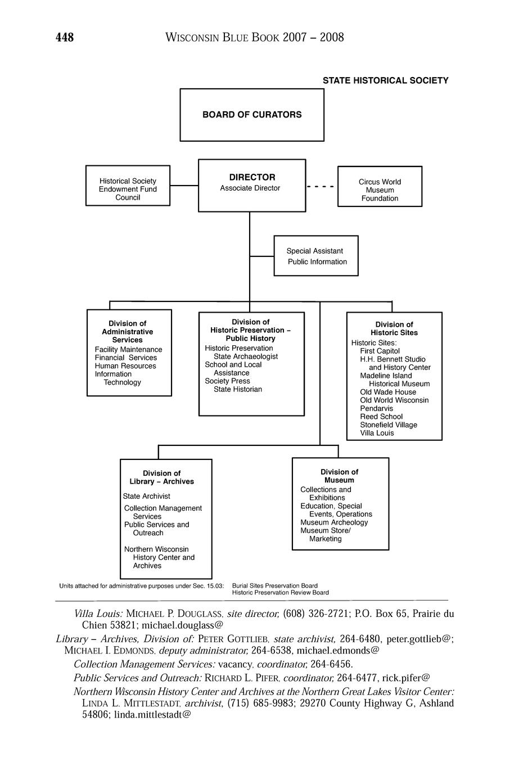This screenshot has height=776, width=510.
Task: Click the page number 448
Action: [65, 38]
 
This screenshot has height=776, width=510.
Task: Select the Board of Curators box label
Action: [252, 115]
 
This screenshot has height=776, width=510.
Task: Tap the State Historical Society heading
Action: [385, 80]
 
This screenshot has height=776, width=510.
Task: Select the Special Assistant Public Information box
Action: [316, 256]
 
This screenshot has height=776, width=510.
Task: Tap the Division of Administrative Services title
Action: [128, 332]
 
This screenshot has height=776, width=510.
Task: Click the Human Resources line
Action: [125, 366]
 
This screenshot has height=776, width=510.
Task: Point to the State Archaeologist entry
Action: [246, 357]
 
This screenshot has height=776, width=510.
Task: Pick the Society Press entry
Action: [227, 381]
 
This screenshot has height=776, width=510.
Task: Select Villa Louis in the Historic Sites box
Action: [377, 433]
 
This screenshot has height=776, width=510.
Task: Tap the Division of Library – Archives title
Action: [162, 477]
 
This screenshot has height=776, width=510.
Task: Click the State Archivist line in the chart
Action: [146, 497]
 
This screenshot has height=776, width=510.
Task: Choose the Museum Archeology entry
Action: [334, 522]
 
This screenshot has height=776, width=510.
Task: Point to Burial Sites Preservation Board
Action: [275, 585]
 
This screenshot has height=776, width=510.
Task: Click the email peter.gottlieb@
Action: [420, 639]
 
